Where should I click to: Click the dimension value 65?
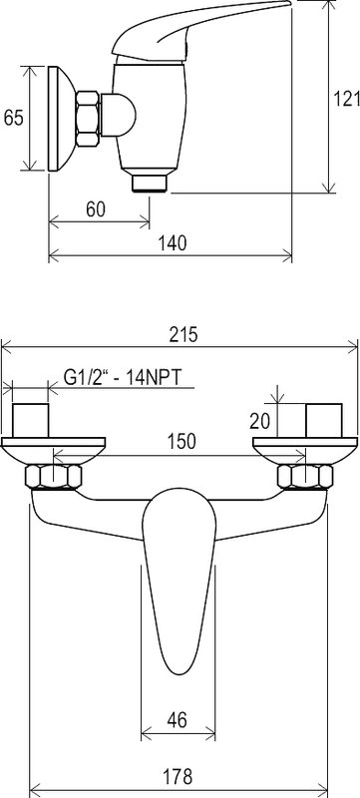tap(14, 118)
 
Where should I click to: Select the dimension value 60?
tap(96, 209)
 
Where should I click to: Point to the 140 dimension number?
tap(173, 243)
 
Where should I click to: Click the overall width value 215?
tap(183, 335)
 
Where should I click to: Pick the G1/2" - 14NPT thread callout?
tap(123, 378)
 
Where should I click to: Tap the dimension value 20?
tap(260, 420)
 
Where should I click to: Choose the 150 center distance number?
tap(181, 441)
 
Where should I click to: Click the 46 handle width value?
tap(177, 719)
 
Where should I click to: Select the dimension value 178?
tap(178, 777)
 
